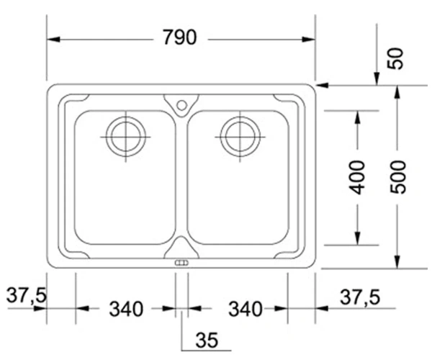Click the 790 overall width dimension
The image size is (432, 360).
tap(180, 37)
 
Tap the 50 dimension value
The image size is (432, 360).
tap(395, 58)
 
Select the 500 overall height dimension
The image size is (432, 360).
tap(398, 177)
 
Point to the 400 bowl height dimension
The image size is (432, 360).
tap(356, 178)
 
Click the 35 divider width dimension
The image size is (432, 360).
tap(207, 340)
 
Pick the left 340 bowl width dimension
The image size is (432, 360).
tap(127, 309)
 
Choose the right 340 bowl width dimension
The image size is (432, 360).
tap(246, 309)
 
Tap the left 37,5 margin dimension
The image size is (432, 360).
tap(27, 295)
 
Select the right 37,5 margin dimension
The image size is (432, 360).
tap(360, 297)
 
